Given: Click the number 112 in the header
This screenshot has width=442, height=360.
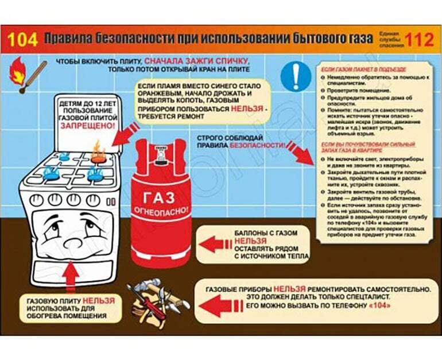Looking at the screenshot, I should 419,39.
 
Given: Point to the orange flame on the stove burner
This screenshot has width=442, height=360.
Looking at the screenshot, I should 98,152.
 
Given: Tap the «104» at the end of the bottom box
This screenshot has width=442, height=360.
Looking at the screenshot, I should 366,307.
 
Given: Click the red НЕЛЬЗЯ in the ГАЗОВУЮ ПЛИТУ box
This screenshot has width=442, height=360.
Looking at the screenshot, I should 99,300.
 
